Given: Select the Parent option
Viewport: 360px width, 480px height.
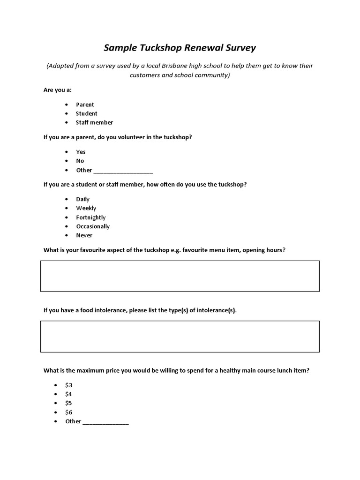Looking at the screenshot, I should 85,105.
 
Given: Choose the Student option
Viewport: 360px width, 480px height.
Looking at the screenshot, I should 87,113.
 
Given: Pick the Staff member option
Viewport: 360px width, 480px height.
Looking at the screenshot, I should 94,122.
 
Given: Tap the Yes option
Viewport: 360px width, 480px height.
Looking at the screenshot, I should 81,152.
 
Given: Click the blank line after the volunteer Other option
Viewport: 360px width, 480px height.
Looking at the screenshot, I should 123,171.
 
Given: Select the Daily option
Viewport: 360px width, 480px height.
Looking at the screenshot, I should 82,199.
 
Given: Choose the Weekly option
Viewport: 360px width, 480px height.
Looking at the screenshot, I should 86,208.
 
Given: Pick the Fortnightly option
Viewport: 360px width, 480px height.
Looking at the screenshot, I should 90,217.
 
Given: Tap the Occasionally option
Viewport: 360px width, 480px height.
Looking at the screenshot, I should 93,226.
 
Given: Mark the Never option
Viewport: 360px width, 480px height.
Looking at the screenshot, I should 84,235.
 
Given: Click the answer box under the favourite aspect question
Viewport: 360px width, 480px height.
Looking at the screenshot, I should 180,276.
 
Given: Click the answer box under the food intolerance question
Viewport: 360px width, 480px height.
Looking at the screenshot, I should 180,336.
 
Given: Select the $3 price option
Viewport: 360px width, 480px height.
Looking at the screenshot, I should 69,385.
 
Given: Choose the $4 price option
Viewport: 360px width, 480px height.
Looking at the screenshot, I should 69,394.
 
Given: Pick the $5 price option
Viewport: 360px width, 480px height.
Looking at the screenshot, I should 69,403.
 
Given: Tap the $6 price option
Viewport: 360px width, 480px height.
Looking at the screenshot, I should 69,412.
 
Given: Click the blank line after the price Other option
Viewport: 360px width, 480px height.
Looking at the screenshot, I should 105,422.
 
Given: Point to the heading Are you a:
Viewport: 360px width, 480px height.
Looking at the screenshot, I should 58,90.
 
